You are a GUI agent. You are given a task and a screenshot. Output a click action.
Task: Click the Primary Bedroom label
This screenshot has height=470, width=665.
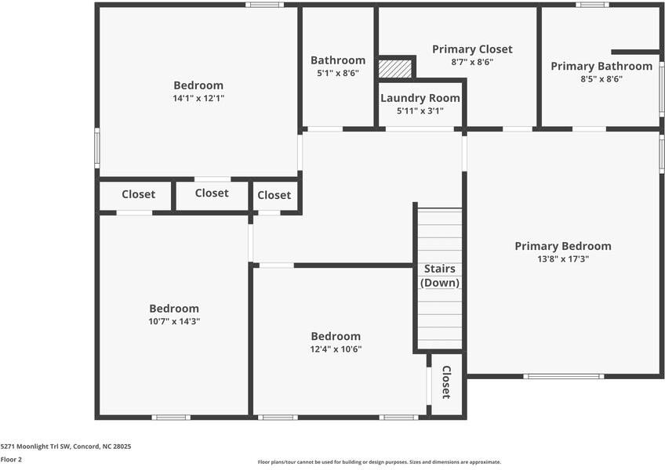tap(562, 246)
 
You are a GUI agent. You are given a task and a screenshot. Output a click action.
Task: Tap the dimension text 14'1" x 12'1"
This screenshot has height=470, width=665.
tap(198, 99)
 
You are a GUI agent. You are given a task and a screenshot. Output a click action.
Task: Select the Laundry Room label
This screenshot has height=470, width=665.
tap(420, 98)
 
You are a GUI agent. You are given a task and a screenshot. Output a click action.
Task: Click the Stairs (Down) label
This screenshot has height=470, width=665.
tap(440, 276)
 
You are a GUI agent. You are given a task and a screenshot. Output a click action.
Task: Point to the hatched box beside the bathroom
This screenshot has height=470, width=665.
tap(395, 68)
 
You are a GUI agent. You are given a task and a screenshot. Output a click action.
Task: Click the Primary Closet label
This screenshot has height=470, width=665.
tap(472, 49)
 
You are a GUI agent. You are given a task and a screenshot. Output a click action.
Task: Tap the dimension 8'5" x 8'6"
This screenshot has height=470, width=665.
tap(601, 78)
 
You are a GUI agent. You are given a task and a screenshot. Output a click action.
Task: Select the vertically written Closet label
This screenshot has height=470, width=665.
tap(446, 381)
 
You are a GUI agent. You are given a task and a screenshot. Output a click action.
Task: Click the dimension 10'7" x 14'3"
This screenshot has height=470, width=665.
tap(174, 321)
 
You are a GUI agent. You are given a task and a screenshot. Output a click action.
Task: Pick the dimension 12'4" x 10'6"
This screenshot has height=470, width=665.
tap(336, 349)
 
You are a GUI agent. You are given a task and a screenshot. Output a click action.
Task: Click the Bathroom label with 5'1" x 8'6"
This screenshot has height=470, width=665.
tap(338, 60)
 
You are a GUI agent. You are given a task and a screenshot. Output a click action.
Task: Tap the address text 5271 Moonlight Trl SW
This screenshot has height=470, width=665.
tap(65, 446)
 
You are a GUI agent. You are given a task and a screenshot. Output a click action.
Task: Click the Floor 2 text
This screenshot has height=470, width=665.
tap(11, 460)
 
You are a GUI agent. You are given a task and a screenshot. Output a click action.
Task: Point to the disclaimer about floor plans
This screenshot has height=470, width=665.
tap(380, 462)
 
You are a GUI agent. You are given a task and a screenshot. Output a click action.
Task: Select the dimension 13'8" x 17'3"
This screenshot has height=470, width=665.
tap(562, 258)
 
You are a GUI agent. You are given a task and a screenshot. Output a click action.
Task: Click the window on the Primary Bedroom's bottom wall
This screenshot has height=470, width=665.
tap(564, 377)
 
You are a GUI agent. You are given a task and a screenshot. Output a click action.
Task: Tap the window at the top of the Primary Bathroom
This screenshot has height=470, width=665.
tap(592, 5)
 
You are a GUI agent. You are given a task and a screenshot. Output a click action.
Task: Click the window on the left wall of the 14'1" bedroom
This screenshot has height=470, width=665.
tap(97, 148)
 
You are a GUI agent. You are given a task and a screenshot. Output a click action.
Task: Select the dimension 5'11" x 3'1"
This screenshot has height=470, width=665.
tap(420, 111)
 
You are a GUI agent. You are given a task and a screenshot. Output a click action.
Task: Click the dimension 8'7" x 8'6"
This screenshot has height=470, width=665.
tap(472, 62)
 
